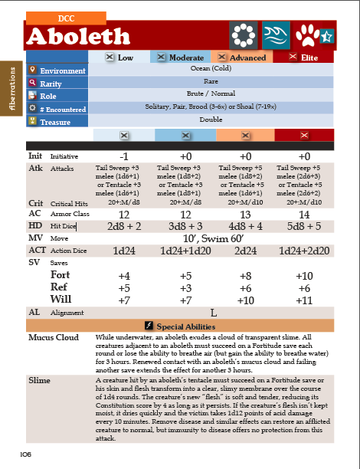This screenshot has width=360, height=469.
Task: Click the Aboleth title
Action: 78,36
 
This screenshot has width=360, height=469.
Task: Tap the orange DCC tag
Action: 66,16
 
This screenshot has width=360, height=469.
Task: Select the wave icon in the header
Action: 277,35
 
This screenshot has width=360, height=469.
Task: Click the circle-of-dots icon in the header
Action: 244,35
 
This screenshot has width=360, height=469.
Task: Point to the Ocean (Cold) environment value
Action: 211,69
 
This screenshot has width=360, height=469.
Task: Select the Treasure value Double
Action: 211,120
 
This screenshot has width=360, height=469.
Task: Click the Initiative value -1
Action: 123,156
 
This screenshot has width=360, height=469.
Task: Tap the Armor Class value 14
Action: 304,215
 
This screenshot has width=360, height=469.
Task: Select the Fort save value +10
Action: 304,275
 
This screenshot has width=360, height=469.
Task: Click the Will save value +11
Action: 304,300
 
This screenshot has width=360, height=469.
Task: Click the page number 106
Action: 25,454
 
